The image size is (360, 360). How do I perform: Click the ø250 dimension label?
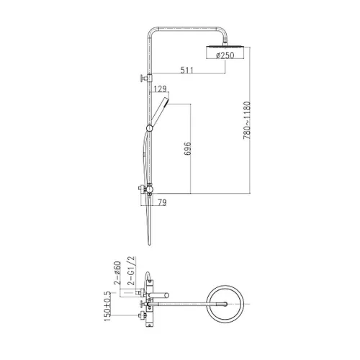click(x=225, y=55)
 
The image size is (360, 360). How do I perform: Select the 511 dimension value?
click(x=186, y=70)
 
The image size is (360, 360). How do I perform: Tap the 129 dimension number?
click(x=160, y=89)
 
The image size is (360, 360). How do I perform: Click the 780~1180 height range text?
click(x=247, y=120)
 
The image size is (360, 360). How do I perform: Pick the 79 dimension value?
click(x=162, y=202)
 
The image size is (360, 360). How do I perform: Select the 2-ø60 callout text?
click(x=117, y=273)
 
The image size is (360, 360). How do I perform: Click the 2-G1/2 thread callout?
click(x=132, y=271)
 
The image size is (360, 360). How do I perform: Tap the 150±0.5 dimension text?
click(x=108, y=307)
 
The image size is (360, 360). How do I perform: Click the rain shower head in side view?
click(x=225, y=51)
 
